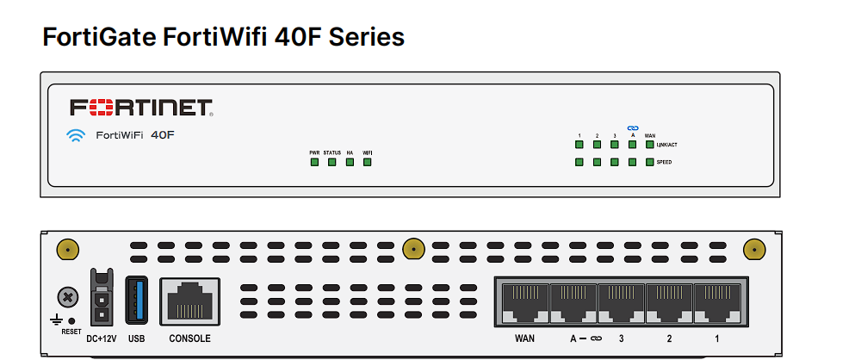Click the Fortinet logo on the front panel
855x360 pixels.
pos(141,108)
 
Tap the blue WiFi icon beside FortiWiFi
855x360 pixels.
pos(77,134)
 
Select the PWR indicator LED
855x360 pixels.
pos(314,162)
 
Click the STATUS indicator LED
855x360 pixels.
pos(331,162)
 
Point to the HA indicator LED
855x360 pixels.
pos(350,162)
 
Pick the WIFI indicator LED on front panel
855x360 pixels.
pos(367,162)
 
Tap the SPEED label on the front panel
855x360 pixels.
pos(664,162)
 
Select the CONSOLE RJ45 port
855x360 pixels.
pos(189,302)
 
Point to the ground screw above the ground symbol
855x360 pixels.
pos(66,297)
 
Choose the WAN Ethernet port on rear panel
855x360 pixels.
pos(524,302)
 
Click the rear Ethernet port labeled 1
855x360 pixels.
pos(716,302)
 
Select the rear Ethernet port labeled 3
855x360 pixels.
pos(621,302)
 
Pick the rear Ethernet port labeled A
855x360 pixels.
pos(573,302)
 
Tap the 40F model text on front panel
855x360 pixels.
pos(163,134)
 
